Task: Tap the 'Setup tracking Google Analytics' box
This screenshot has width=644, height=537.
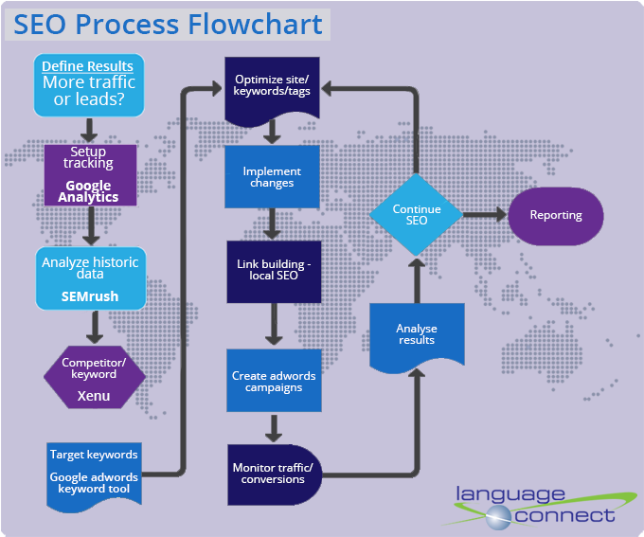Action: click(90, 174)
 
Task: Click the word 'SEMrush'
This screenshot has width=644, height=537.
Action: click(90, 295)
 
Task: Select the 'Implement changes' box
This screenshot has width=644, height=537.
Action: click(273, 177)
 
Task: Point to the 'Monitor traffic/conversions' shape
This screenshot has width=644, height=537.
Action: click(273, 473)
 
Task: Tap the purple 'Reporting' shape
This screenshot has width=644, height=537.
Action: click(556, 215)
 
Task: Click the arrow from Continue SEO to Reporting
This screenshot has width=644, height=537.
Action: click(484, 215)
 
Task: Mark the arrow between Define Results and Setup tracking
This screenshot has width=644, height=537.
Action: click(90, 130)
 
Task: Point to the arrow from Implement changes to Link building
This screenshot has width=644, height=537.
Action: click(273, 224)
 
